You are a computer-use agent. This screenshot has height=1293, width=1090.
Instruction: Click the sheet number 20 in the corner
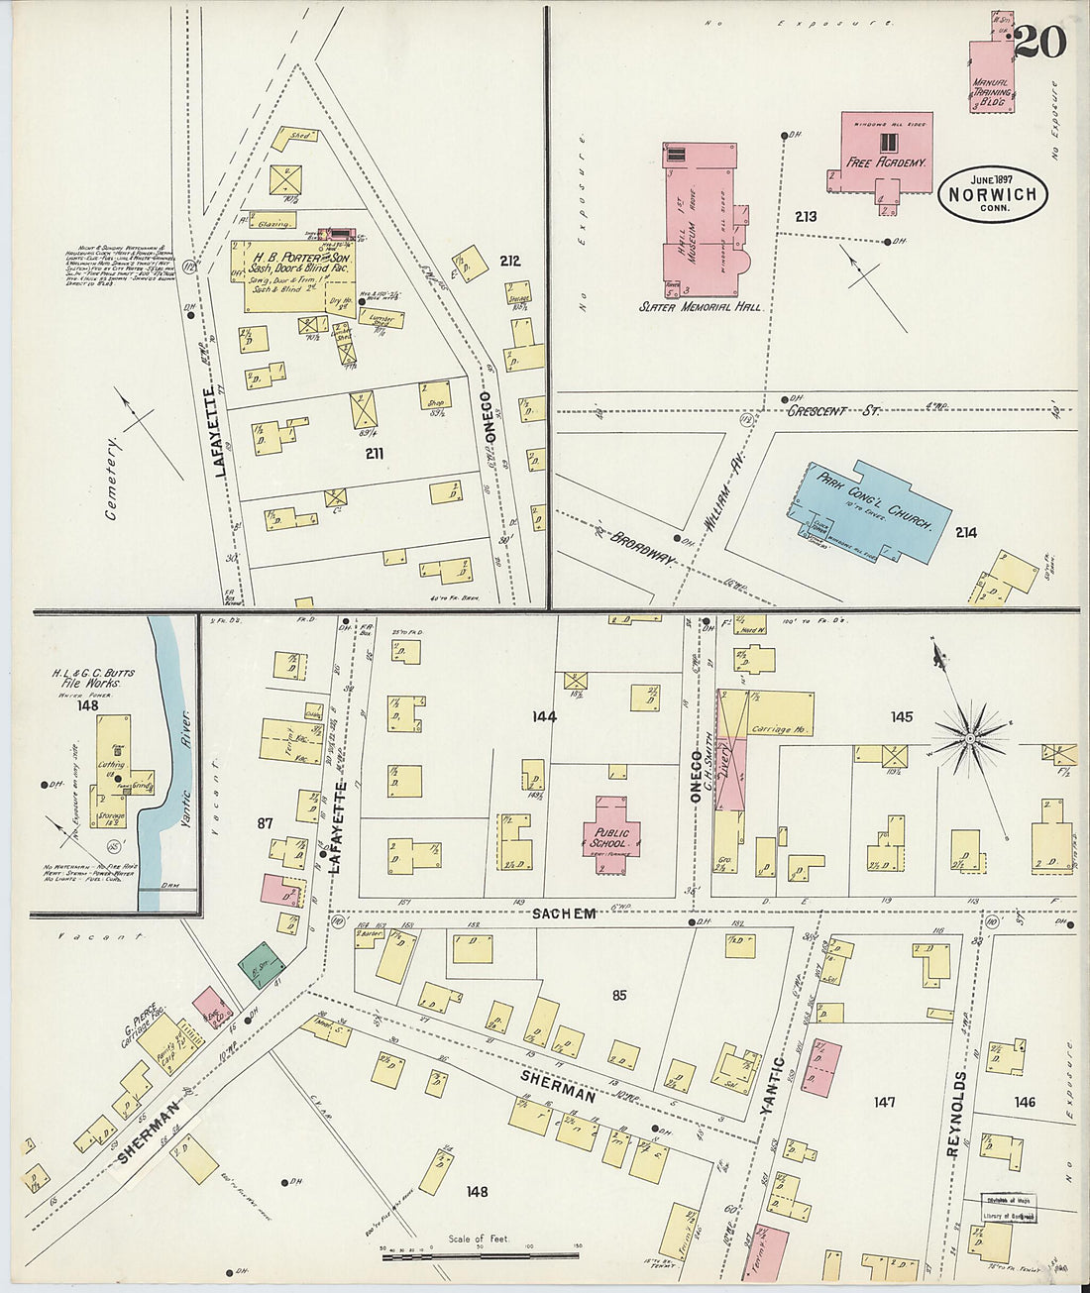(1039, 42)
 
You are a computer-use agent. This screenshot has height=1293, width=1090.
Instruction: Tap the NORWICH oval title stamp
(993, 195)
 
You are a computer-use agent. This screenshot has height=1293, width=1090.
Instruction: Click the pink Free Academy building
(887, 151)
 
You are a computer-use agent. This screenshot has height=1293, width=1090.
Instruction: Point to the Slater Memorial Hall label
(700, 308)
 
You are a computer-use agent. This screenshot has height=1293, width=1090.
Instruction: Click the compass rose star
(970, 736)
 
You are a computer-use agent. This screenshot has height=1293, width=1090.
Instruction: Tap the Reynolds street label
(955, 1114)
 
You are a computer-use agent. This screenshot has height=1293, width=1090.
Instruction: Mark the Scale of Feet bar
(480, 1256)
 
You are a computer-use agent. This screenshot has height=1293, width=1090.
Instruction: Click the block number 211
(374, 454)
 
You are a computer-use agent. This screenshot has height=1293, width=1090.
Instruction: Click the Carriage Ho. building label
(781, 729)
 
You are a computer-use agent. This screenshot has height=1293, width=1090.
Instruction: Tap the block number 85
(619, 995)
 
